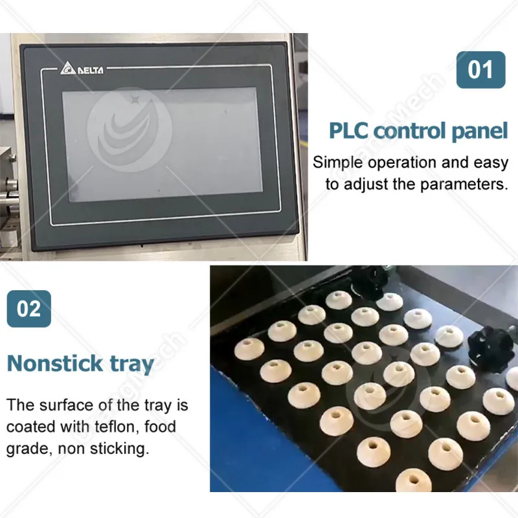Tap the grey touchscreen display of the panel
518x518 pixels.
(x=162, y=144)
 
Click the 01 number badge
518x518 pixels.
(x=480, y=70)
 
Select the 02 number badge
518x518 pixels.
(x=28, y=309)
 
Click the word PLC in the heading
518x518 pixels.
(x=348, y=131)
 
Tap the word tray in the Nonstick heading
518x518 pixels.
(x=132, y=365)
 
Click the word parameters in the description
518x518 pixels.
(x=464, y=185)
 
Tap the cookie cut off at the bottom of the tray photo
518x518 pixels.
(x=414, y=480)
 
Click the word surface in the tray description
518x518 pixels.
(x=67, y=405)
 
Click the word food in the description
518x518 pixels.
(x=160, y=427)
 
